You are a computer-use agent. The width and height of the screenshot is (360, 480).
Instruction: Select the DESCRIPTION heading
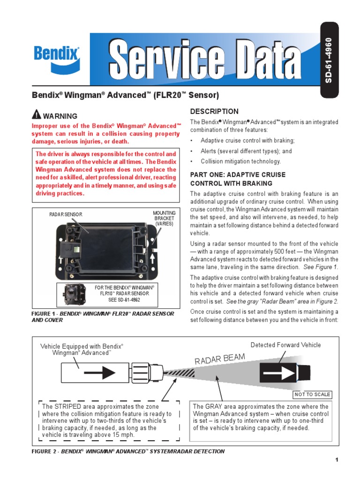pyautogui.click(x=214, y=112)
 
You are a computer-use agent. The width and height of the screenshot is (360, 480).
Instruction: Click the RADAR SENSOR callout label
pyautogui.click(x=66, y=214)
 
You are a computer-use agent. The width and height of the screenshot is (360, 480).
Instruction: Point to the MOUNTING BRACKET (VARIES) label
pyautogui.click(x=164, y=218)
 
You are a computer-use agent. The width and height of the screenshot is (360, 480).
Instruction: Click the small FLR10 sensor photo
pyautogui.click(x=73, y=293)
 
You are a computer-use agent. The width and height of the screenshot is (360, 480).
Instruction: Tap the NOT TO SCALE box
pyautogui.click(x=312, y=394)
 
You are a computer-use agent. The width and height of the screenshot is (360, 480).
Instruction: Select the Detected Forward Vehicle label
pyautogui.click(x=285, y=345)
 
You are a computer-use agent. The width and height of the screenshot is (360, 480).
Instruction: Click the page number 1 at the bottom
pyautogui.click(x=337, y=460)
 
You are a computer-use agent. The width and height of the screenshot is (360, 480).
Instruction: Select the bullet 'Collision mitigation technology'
pyautogui.click(x=240, y=161)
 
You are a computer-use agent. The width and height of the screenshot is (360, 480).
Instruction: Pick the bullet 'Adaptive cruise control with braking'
pyautogui.click(x=247, y=141)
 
